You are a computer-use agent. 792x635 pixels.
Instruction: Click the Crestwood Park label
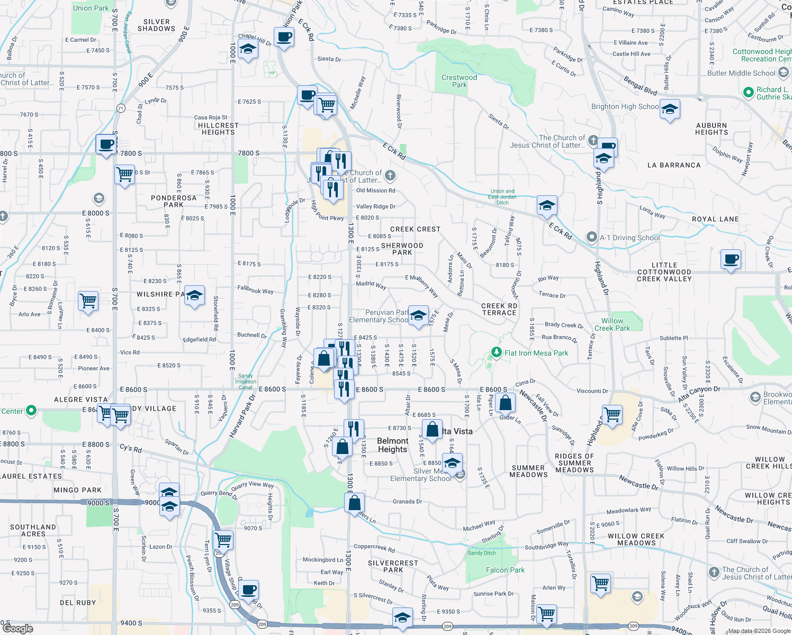tap(459, 81)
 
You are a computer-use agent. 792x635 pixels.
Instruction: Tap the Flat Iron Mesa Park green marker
tap(496, 352)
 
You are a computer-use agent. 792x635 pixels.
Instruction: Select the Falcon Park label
tap(505, 570)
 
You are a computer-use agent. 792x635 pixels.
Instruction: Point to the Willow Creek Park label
tap(612, 324)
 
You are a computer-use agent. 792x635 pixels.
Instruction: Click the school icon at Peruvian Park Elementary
tap(418, 316)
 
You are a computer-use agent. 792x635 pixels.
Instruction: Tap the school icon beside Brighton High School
tap(670, 110)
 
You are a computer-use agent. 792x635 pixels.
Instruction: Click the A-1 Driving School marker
tap(591, 237)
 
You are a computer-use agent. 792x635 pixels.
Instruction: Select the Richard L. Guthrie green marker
tap(748, 93)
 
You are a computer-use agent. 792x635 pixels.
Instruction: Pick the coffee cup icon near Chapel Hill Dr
tap(284, 37)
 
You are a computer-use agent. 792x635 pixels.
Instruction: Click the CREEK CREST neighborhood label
tap(415, 229)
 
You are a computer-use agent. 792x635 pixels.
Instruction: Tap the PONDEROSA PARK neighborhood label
tap(174, 201)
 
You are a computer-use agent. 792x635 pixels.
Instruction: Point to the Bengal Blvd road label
tap(640, 86)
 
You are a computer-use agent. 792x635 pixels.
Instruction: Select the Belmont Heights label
tap(392, 445)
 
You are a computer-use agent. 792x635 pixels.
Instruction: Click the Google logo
tap(17, 628)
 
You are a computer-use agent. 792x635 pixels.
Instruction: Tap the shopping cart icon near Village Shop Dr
tap(223, 540)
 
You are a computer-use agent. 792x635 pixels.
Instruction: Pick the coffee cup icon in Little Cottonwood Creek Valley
tap(731, 259)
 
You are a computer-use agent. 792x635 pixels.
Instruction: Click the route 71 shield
tap(121, 108)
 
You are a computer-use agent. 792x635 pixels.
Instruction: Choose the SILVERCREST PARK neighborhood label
tap(393, 566)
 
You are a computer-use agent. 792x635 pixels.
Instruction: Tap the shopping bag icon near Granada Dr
tap(354, 503)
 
